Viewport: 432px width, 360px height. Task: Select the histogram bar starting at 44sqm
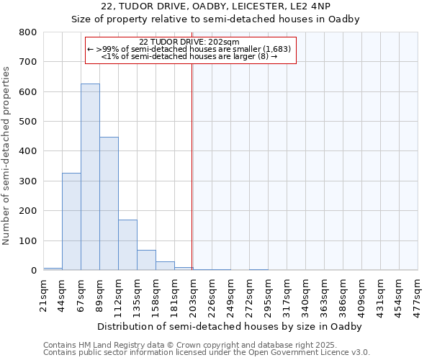point(71,222)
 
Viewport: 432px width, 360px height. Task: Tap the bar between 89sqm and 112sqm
point(109,204)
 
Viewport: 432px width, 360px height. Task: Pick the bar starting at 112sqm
point(127,245)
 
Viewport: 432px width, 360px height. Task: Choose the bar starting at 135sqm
point(146,260)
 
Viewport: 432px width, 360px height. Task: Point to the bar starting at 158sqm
point(165,266)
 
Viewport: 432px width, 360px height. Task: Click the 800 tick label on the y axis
point(28,32)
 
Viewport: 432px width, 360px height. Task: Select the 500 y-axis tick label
point(28,122)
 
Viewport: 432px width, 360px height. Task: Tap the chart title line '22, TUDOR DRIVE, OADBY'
point(215,6)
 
